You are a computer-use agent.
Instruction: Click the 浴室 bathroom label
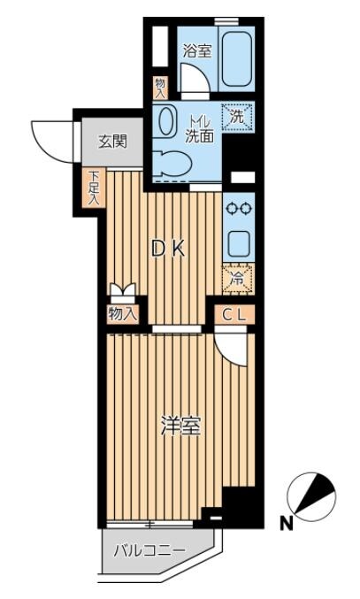pos(197,50)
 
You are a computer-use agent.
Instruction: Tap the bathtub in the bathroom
pos(237,58)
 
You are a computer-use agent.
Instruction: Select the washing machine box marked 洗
pos(238,118)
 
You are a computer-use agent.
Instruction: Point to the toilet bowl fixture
pos(171,164)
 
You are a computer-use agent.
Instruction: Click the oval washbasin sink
pos(166,120)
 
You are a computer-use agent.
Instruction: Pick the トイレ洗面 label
pos(199,129)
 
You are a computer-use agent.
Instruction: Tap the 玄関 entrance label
pos(112,142)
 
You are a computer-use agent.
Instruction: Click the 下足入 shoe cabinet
pos(94,188)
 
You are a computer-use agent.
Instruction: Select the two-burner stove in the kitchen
pos(239,209)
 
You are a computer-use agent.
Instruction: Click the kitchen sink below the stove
pos(239,242)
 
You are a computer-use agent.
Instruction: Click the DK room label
pos(168,250)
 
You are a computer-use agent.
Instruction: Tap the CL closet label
pos(234,315)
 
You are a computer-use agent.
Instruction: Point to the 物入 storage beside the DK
pos(122,314)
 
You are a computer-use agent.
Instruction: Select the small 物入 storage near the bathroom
pos(160,88)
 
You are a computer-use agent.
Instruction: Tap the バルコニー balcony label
pos(149,551)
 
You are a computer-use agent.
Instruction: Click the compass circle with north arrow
pos(311,497)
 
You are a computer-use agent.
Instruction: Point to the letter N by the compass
pos(287,524)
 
